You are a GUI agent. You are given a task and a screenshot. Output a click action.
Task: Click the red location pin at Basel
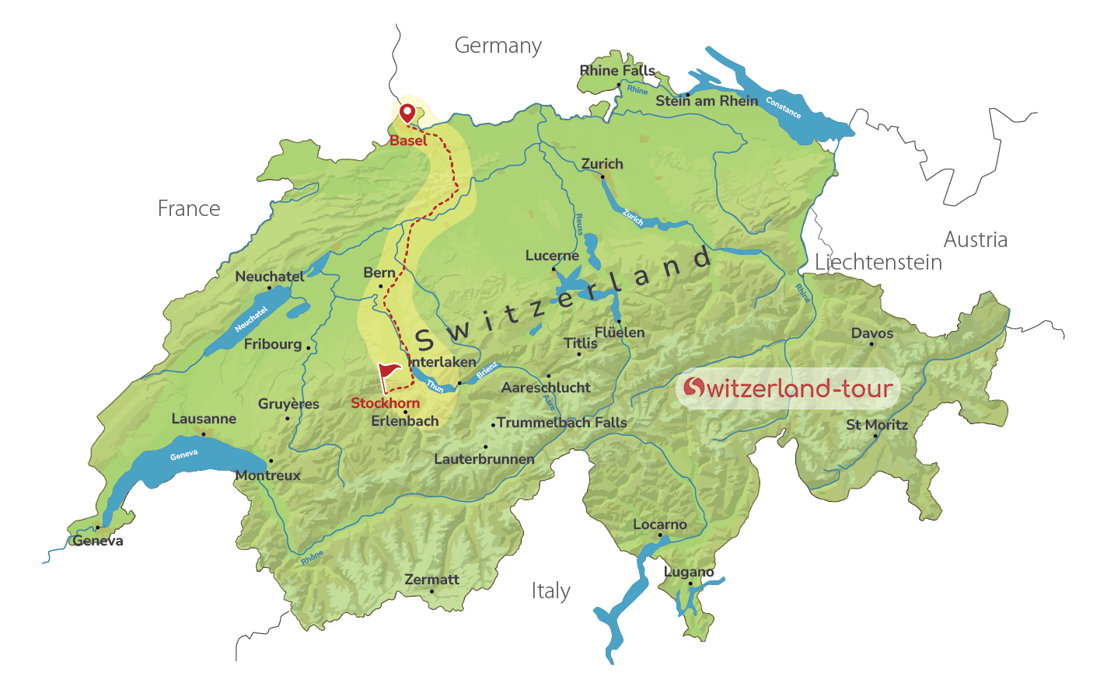(x=407, y=113)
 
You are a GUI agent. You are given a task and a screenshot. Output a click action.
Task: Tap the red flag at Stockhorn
(x=388, y=374)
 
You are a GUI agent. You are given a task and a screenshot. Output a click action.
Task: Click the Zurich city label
(x=602, y=164)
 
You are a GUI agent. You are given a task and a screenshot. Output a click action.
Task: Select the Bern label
(x=379, y=273)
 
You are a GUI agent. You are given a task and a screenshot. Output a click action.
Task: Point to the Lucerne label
(x=552, y=256)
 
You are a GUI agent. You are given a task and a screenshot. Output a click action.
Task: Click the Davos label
(x=872, y=333)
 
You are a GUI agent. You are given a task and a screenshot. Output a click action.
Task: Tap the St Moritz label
(x=877, y=425)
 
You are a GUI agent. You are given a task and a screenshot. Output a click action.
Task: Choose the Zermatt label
(x=431, y=580)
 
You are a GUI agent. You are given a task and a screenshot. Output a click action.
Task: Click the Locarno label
(x=660, y=524)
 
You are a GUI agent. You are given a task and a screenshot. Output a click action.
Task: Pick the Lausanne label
(x=204, y=419)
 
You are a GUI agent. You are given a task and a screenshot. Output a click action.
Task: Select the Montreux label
(x=268, y=475)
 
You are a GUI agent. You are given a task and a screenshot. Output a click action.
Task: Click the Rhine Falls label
(x=617, y=71)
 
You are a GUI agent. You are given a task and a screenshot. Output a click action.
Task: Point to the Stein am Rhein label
(x=707, y=101)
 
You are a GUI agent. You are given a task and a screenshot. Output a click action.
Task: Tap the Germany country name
(x=498, y=47)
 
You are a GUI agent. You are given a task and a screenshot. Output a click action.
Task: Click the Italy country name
(x=551, y=591)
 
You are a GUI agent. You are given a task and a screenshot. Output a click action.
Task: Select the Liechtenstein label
(x=878, y=263)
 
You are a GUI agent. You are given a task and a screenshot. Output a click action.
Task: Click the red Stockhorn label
(x=385, y=403)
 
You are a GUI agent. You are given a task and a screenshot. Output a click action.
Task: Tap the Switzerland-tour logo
(x=787, y=388)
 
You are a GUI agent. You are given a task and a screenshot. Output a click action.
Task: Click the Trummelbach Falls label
(x=562, y=423)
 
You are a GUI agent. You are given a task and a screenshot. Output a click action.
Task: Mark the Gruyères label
(x=288, y=404)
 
